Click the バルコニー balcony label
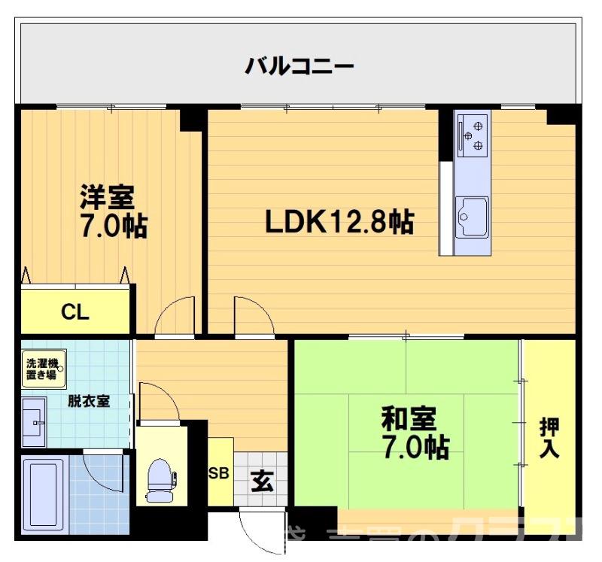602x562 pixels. [x=299, y=66]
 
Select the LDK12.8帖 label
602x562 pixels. [x=339, y=221]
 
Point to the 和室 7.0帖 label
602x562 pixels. [x=415, y=433]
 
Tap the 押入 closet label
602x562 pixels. [x=549, y=439]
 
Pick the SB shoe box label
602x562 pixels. [x=219, y=474]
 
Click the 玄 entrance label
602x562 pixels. [x=261, y=480]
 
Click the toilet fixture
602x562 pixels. [x=160, y=479]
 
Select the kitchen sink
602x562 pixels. [x=472, y=217]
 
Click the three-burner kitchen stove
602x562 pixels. [x=473, y=134]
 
